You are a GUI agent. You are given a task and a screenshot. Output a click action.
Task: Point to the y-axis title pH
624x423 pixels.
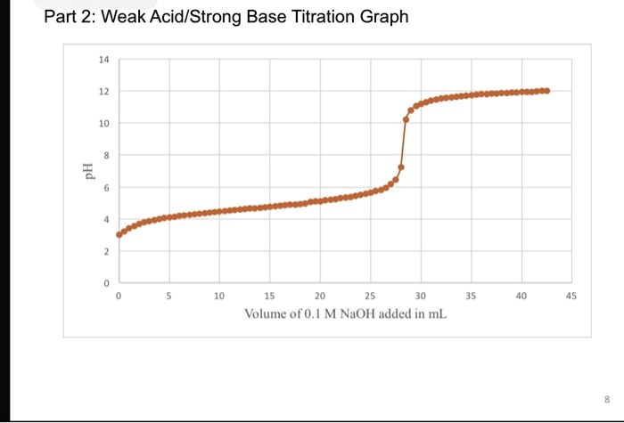pyautogui.click(x=86, y=172)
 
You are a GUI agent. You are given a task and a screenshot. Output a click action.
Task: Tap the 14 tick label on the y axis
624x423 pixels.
pyautogui.click(x=104, y=59)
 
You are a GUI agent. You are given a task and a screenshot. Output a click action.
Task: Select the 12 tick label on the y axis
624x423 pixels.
pyautogui.click(x=104, y=92)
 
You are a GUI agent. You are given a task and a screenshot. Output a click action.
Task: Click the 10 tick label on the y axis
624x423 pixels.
pyautogui.click(x=104, y=124)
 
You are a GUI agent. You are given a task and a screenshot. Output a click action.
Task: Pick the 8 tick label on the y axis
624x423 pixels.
pyautogui.click(x=106, y=156)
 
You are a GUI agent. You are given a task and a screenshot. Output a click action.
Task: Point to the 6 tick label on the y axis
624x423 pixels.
pyautogui.click(x=106, y=188)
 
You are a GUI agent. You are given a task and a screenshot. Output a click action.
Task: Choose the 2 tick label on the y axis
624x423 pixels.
pyautogui.click(x=106, y=252)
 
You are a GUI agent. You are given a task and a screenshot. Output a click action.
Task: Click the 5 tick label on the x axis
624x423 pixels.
pyautogui.click(x=168, y=296)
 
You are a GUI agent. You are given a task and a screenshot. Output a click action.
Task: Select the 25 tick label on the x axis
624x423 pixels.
pyautogui.click(x=370, y=296)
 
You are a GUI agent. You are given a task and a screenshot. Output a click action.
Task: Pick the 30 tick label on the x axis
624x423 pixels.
pyautogui.click(x=421, y=296)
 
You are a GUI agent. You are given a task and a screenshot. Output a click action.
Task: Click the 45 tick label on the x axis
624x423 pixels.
pyautogui.click(x=571, y=296)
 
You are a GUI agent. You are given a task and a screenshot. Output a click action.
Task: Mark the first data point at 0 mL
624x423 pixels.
pyautogui.click(x=119, y=235)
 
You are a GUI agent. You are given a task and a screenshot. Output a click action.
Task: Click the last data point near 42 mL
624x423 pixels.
pyautogui.click(x=546, y=91)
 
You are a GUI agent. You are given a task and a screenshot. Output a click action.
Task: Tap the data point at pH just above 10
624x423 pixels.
pyautogui.click(x=406, y=119)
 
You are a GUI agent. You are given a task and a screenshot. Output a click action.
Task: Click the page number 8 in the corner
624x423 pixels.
pyautogui.click(x=608, y=398)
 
